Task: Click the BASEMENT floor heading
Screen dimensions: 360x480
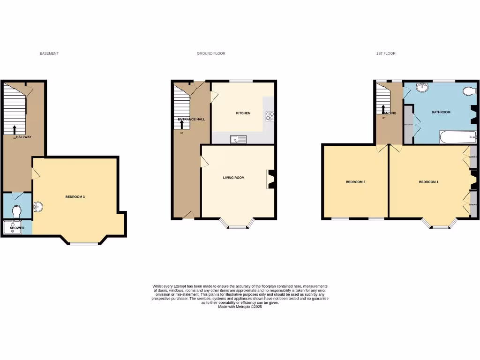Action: coord(49,54)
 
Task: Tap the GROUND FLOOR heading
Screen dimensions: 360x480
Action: coord(211,54)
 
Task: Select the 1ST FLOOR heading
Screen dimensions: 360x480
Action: coord(386,54)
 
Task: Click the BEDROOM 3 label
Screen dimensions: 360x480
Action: coord(75,197)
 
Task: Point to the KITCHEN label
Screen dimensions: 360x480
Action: coord(243,113)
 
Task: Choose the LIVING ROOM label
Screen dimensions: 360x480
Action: coord(233,178)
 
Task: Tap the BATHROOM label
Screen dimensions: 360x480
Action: coord(441,112)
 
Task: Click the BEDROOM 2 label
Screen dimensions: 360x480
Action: coord(355,182)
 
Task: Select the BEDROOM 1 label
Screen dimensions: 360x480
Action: coord(428,182)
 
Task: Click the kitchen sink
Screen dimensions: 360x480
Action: coord(239,139)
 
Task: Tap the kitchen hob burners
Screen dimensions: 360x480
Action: coord(270,116)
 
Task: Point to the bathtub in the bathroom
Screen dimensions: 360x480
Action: coord(457,137)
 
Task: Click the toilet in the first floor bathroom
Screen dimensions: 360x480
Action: coord(468,91)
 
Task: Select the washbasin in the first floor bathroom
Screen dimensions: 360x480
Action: coord(424,87)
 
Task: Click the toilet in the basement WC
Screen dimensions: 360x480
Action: coord(17,212)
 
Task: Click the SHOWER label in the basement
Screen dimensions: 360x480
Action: coord(17,228)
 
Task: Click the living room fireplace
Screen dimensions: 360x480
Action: coord(270,179)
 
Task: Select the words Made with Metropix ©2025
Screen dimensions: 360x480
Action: coord(240,307)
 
